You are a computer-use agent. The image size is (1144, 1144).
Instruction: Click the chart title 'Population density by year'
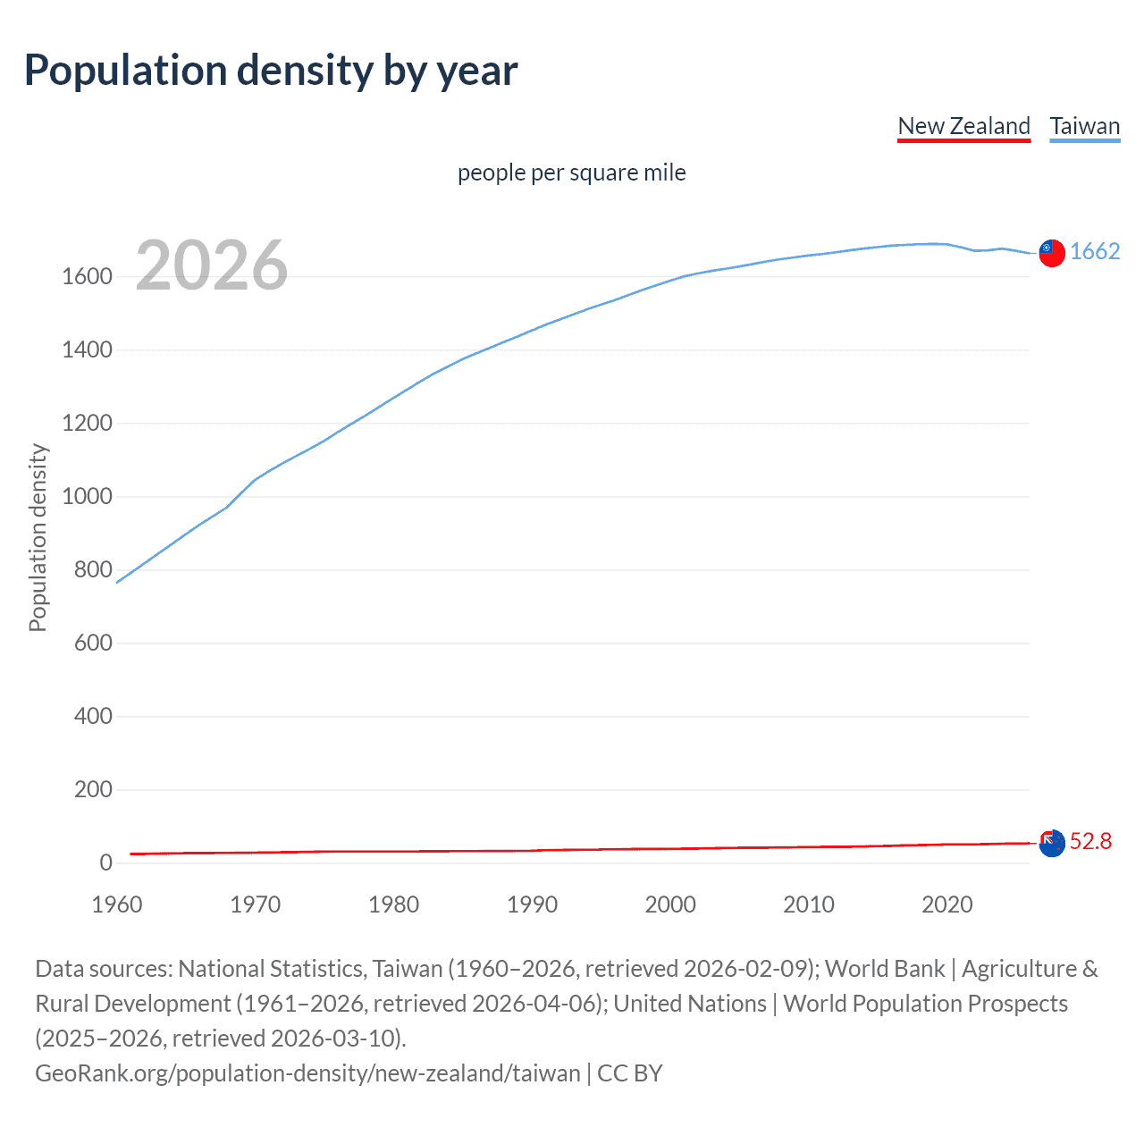271,71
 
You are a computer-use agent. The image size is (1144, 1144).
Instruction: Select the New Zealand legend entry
963,126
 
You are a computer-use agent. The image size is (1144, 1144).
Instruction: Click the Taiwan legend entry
1084,126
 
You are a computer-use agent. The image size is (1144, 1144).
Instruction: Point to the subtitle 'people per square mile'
571,172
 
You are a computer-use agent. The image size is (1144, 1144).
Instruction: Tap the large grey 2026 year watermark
212,265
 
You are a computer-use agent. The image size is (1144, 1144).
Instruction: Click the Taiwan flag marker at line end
1052,253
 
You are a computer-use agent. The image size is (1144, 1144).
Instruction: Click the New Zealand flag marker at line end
1052,843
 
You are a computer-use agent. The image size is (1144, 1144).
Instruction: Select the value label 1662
1095,251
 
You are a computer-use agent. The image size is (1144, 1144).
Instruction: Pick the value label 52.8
1090,841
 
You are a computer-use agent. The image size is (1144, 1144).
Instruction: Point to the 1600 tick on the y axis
87,277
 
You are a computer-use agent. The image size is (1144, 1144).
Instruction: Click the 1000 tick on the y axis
87,497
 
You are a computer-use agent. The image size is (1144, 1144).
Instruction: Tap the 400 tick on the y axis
93,717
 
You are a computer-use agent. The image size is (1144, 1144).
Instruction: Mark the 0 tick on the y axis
105,863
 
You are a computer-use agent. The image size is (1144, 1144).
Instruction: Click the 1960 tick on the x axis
117,904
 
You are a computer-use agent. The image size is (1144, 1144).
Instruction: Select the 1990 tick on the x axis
532,904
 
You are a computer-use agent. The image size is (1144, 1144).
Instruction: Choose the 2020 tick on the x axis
946,904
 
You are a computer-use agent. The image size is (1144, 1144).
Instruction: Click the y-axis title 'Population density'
38,538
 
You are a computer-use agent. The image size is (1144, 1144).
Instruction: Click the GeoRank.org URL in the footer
307,1072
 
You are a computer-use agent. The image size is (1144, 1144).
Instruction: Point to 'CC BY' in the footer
630,1072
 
